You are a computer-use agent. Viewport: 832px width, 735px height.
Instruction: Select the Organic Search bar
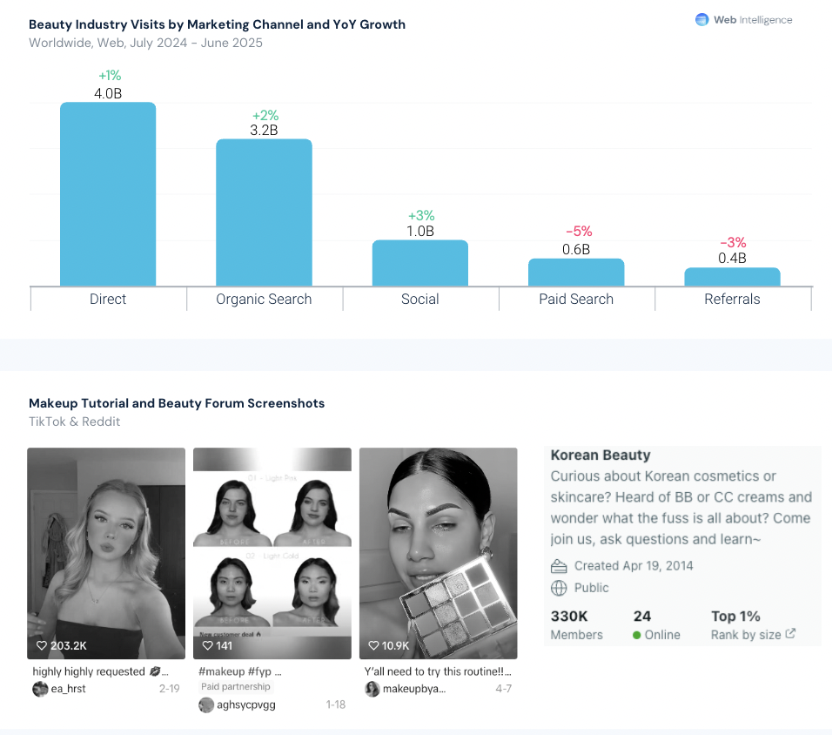264,212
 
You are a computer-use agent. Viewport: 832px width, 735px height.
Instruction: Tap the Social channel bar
420,263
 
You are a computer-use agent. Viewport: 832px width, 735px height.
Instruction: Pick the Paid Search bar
576,273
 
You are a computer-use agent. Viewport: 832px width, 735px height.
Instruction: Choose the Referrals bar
732,277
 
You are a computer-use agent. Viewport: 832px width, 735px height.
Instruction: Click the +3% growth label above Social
421,216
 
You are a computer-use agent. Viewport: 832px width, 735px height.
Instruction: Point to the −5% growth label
579,232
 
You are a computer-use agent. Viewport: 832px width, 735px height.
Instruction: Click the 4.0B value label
108,93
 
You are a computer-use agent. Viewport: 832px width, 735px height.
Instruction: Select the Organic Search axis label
264,300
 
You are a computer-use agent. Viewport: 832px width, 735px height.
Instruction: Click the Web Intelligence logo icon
702,20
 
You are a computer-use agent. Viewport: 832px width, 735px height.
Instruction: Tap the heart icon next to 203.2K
41,646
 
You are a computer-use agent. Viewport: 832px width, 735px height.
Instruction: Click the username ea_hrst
68,689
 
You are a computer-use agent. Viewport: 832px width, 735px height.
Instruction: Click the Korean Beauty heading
601,455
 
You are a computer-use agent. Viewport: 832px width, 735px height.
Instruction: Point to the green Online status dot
637,635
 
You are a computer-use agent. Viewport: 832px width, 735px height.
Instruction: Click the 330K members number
568,616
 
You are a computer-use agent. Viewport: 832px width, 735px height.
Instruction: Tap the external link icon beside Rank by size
790,634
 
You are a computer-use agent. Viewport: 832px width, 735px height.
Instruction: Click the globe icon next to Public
560,588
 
